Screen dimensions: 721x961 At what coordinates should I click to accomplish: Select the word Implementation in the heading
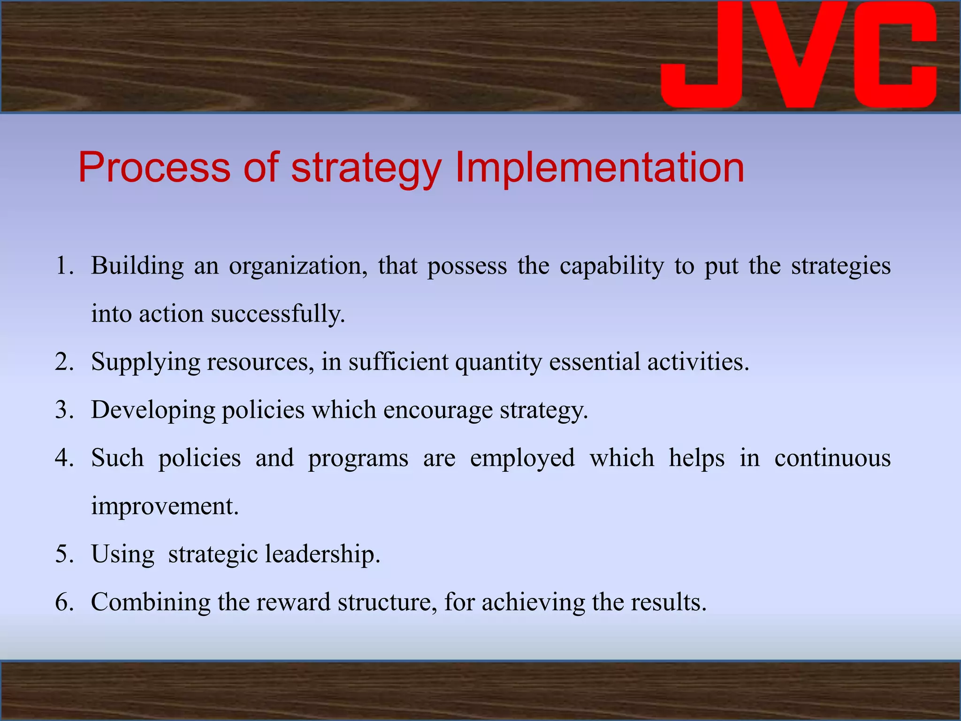(599, 168)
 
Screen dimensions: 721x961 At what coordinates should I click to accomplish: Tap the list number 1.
(64, 266)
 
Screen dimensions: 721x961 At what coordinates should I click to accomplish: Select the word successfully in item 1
(277, 314)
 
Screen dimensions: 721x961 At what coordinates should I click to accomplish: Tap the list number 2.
(64, 362)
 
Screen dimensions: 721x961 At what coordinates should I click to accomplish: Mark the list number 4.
(64, 458)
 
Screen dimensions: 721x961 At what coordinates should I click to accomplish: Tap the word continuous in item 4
(832, 458)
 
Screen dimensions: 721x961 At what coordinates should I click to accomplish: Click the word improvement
(165, 506)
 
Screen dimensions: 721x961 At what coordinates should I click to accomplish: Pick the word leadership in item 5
(322, 554)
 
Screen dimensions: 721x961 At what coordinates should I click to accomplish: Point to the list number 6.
(64, 602)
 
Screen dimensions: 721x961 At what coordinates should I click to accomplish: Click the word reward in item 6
(293, 602)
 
